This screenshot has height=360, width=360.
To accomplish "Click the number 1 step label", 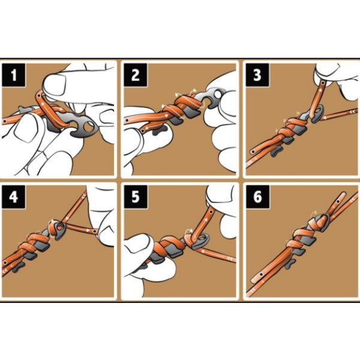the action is (x=14, y=75).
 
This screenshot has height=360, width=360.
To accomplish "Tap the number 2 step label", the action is (x=136, y=75).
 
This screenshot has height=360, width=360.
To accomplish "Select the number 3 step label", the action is (x=257, y=75).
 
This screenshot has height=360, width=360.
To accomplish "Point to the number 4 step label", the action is (x=14, y=197).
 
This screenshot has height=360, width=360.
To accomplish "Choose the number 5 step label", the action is (x=136, y=197).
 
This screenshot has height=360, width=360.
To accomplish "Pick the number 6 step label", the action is (x=257, y=197).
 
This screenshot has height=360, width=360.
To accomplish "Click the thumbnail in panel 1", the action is (x=55, y=84).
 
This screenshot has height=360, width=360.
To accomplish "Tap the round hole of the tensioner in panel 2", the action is (x=217, y=94).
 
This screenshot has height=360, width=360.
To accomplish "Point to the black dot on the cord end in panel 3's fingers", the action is (x=323, y=83).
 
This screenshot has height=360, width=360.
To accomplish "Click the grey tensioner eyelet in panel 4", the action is (x=60, y=228).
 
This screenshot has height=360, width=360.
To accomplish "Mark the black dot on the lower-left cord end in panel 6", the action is (x=261, y=274).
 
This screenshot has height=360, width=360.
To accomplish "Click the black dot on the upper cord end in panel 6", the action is (x=338, y=202).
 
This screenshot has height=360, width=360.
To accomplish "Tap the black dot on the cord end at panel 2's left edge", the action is (x=127, y=120).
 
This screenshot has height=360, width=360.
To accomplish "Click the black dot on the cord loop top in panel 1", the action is (x=39, y=95).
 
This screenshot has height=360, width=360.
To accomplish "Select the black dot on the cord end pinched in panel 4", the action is (x=95, y=232).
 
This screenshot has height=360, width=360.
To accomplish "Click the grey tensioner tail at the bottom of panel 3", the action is (x=277, y=151).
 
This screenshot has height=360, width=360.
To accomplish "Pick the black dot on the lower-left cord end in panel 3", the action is (x=253, y=152).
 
